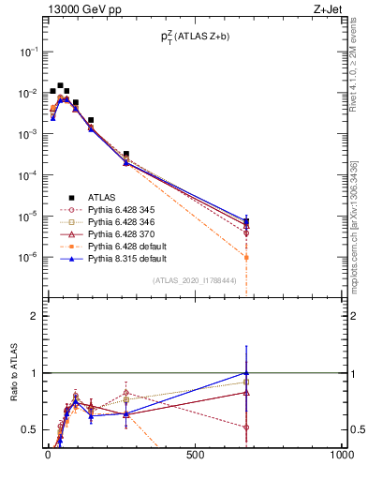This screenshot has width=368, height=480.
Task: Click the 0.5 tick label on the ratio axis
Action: (x=29, y=429)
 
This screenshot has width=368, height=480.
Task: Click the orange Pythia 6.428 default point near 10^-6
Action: (x=246, y=257)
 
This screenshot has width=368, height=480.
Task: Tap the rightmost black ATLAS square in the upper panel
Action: (x=246, y=221)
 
